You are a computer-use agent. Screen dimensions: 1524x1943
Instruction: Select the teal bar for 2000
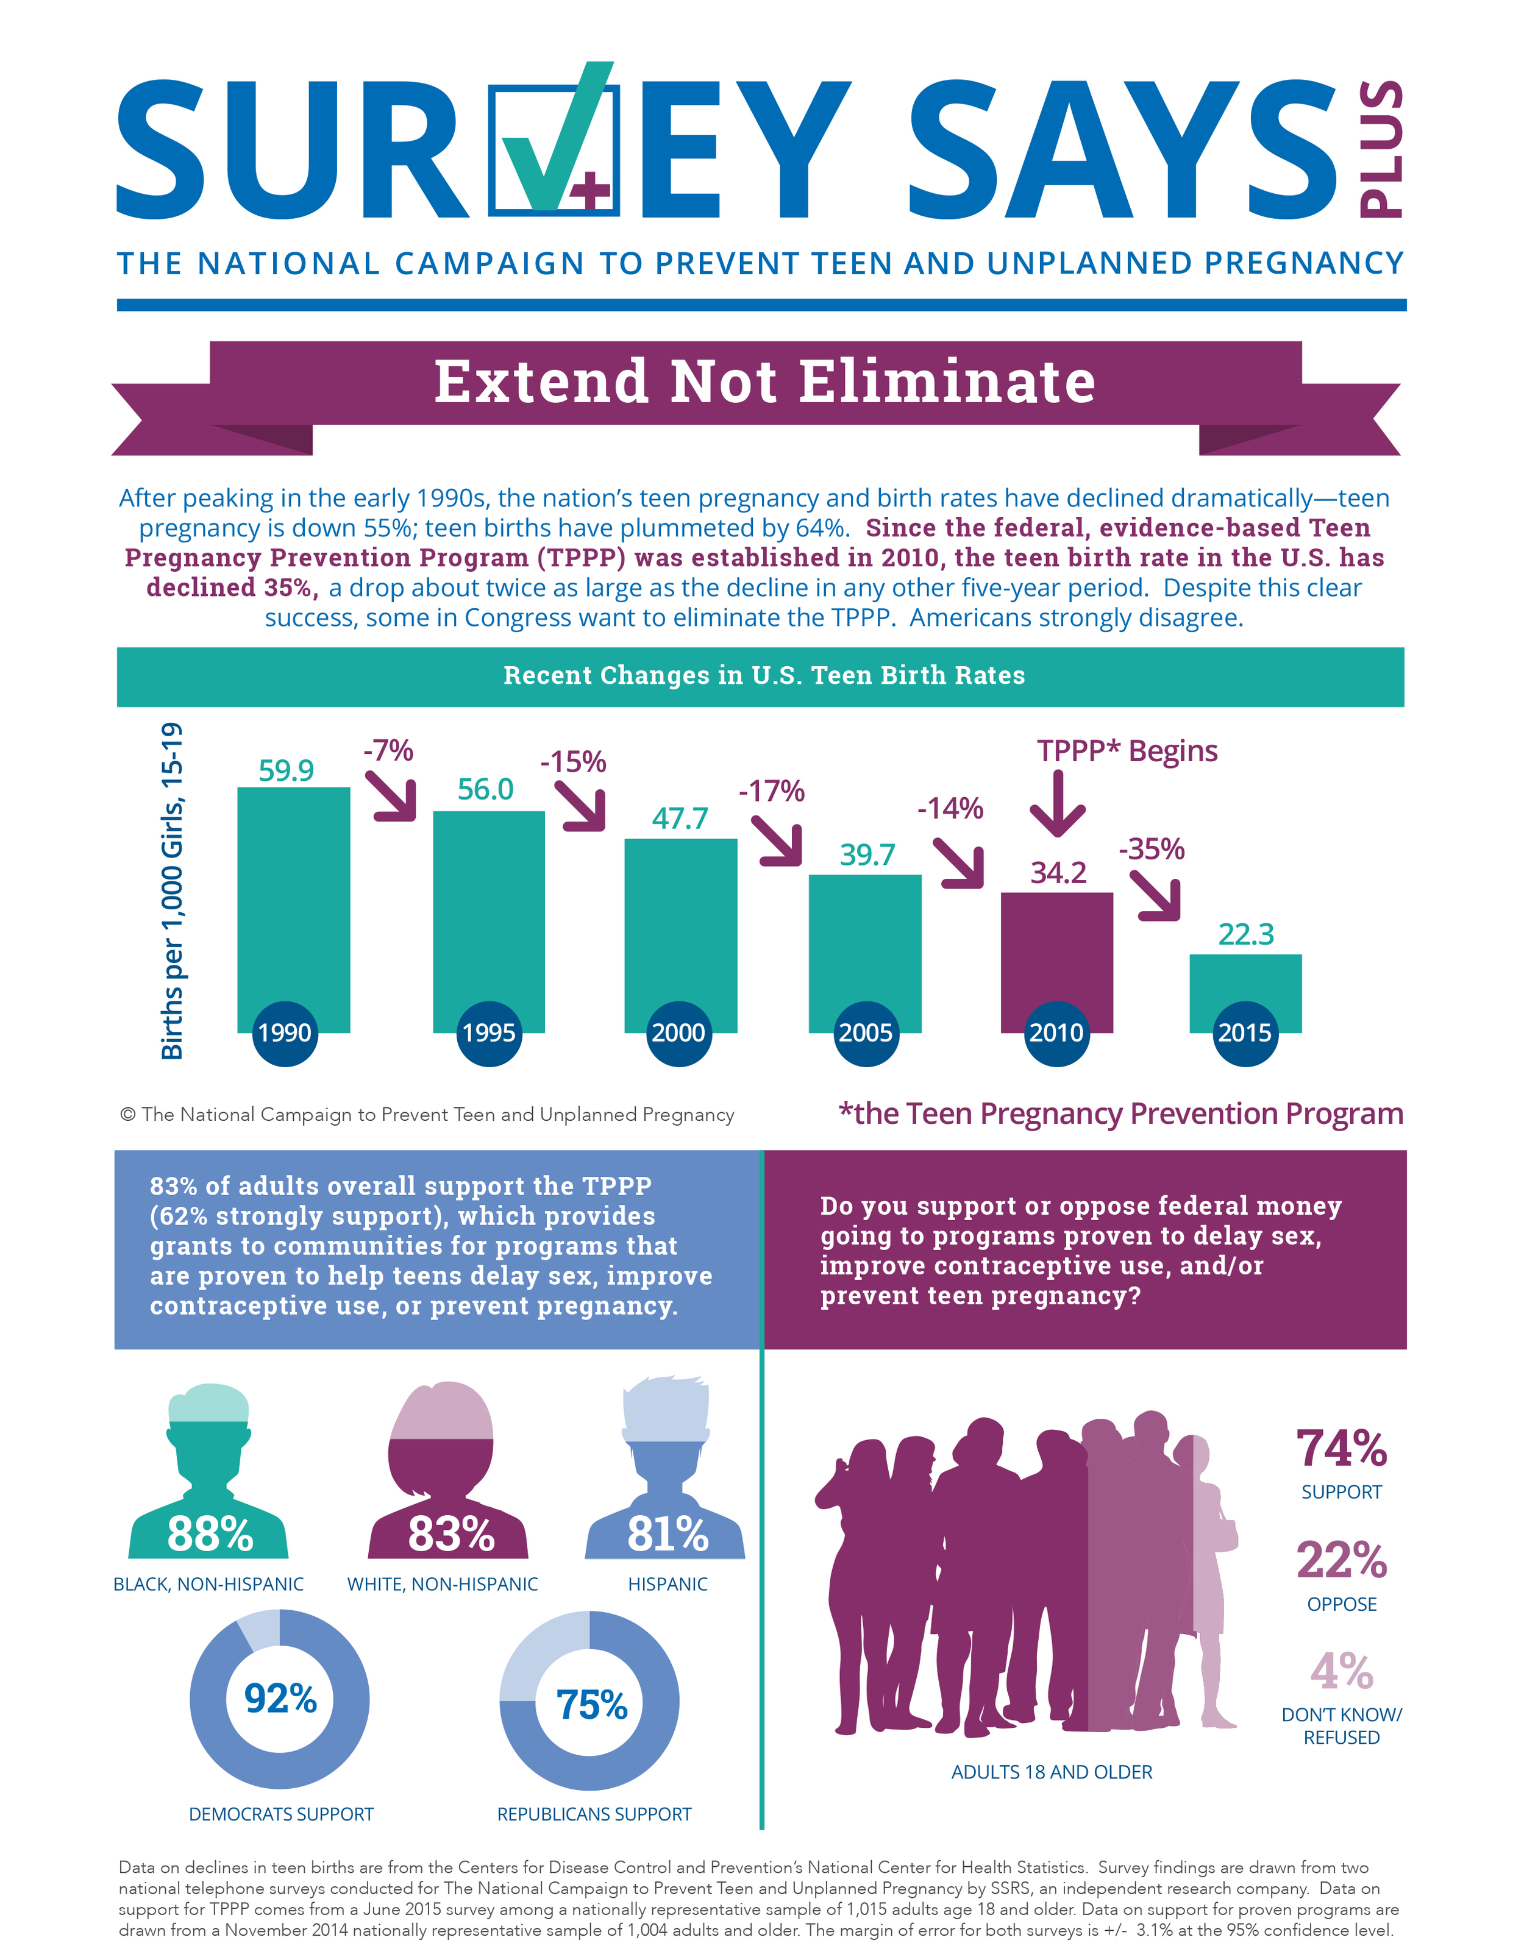pyautogui.click(x=681, y=935)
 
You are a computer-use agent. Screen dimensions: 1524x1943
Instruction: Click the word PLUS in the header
pyautogui.click(x=1380, y=148)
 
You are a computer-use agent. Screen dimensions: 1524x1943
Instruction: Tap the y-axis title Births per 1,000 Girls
pyautogui.click(x=171, y=890)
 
